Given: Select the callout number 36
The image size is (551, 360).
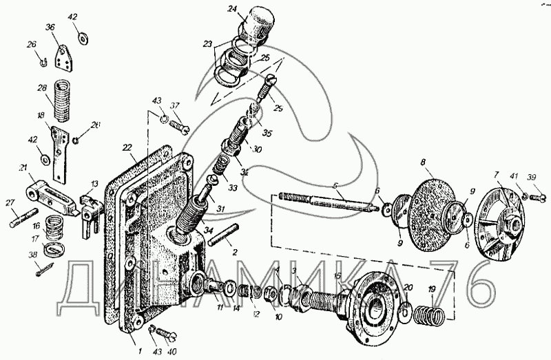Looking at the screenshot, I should (x=50, y=28).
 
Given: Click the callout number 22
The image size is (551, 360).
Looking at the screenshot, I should (x=127, y=147).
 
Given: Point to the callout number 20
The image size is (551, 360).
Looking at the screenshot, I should (x=408, y=288).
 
